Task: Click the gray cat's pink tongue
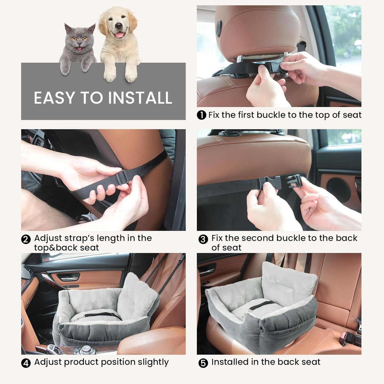tap(80, 48)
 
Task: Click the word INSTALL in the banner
tap(140, 98)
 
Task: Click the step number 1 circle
tap(201, 115)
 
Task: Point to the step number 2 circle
tap(26, 240)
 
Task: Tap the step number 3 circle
tap(203, 239)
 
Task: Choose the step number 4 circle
tap(26, 363)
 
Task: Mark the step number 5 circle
tap(203, 363)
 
